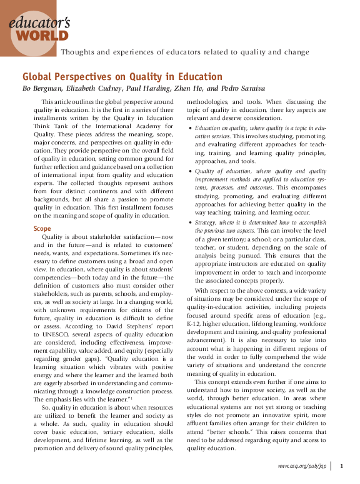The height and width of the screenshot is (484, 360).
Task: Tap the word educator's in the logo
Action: point(39,21)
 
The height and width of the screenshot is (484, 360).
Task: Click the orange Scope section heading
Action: point(42,229)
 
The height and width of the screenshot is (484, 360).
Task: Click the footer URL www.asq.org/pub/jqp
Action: point(302,466)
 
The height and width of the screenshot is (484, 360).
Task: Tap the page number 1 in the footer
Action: point(341,466)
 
